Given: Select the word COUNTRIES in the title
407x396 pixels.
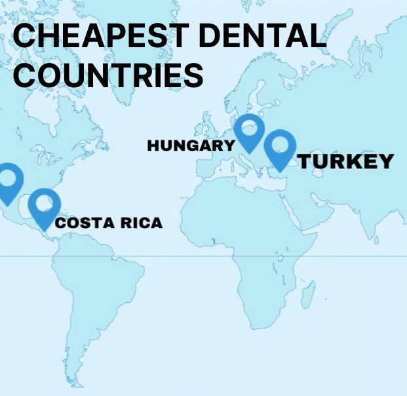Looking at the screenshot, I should click(108, 75).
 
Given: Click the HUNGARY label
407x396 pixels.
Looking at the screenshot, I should click(191, 145).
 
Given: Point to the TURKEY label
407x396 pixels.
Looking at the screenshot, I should click(346, 161).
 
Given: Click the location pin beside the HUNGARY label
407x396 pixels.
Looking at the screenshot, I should click(250, 129).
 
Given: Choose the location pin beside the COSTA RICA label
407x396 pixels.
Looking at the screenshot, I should click(44, 204).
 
